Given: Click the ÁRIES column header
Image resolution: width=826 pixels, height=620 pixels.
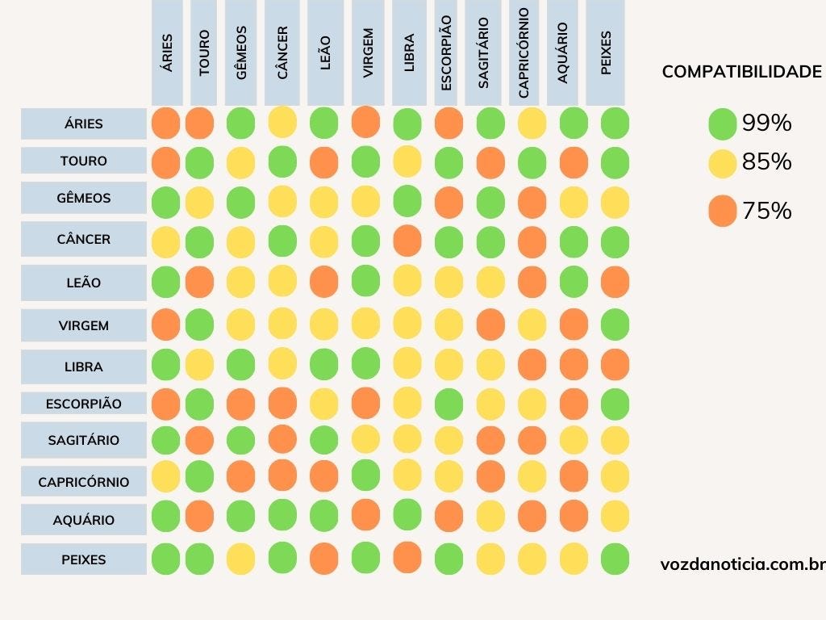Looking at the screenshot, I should click(167, 52).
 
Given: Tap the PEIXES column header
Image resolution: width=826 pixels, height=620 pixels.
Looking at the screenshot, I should click(606, 52).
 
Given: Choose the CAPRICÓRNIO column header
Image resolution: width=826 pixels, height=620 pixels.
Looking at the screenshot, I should click(524, 52).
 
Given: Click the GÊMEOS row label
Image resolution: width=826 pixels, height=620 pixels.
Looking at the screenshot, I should click(84, 198).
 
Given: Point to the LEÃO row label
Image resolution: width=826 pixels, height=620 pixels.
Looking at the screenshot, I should click(84, 283).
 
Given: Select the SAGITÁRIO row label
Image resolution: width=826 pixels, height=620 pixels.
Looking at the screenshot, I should click(84, 440).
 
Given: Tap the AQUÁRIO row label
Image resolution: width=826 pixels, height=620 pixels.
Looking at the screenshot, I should click(84, 520).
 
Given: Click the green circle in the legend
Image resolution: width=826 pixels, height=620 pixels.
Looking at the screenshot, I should click(722, 124).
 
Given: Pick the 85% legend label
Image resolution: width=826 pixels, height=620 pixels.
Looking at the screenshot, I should click(766, 162).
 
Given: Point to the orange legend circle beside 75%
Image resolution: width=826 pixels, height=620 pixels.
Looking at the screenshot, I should click(722, 212).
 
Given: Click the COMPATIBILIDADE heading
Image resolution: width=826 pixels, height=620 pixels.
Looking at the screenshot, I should click(741, 72).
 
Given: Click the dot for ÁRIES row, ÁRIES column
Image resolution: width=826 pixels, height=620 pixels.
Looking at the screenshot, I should click(165, 124).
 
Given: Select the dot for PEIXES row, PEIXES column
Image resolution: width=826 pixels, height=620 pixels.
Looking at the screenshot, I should click(615, 559).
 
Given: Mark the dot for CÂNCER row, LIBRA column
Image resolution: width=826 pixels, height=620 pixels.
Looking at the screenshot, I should click(407, 240).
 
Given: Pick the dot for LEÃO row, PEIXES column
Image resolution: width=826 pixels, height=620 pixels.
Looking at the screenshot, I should click(615, 283).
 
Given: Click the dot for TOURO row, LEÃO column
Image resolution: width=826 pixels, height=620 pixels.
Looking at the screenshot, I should click(323, 161).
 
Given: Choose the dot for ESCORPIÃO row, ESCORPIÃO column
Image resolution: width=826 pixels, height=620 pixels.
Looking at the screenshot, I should click(448, 403).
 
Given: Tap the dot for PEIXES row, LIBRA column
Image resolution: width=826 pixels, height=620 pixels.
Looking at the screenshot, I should click(407, 557).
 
